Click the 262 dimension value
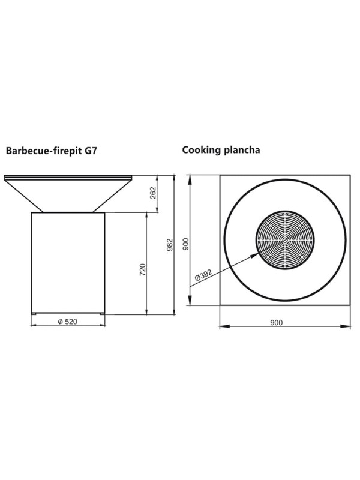coord(154,193)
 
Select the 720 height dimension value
coord(143,269)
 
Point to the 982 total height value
coord(170,245)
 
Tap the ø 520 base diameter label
coord(68,322)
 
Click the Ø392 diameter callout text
coord(203,275)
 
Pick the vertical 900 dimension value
coord(186,244)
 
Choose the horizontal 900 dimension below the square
coord(277,322)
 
